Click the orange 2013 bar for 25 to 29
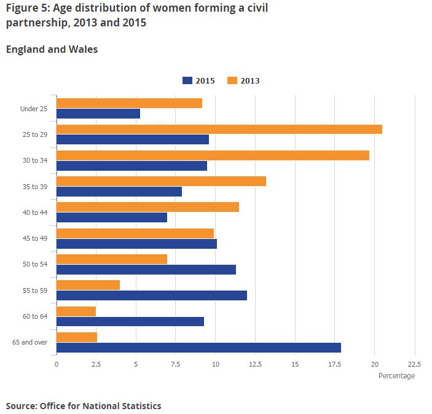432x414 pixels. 219,129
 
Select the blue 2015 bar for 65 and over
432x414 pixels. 198,348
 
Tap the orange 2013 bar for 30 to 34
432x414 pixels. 213,155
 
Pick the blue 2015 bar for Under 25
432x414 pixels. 98,114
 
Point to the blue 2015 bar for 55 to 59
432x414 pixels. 152,295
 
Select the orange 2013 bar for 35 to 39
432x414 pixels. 161,181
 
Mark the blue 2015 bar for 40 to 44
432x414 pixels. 112,217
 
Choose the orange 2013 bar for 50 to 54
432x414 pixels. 112,259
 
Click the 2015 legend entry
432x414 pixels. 198,80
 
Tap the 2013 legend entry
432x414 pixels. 244,80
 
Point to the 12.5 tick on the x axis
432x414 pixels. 255,364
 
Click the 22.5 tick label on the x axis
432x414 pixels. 414,364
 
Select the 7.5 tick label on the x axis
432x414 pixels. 175,364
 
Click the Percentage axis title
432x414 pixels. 396,376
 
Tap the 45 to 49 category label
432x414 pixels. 34,238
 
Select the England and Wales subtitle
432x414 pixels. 52,50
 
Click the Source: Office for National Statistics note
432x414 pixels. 84,406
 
